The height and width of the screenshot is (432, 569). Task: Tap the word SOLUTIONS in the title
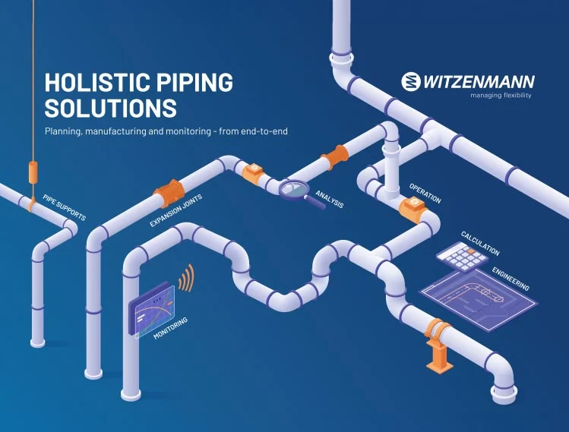[111, 108]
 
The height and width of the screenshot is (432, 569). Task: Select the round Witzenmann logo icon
[411, 81]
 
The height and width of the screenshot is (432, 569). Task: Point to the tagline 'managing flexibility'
[501, 96]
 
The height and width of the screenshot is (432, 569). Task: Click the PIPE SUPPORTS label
[65, 207]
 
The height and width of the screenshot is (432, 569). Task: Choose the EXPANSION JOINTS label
[176, 211]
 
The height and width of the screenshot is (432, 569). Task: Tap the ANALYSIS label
[330, 199]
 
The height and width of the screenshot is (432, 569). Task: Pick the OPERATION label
[425, 194]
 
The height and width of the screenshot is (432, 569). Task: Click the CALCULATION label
[480, 244]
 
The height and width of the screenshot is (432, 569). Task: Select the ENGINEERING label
[511, 279]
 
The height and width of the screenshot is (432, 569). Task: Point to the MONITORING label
[171, 328]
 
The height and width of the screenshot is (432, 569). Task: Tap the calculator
[463, 256]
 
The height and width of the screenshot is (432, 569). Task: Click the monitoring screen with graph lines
[152, 310]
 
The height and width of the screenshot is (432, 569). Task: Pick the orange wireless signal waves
[187, 279]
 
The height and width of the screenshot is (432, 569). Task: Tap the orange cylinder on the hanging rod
[33, 172]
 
